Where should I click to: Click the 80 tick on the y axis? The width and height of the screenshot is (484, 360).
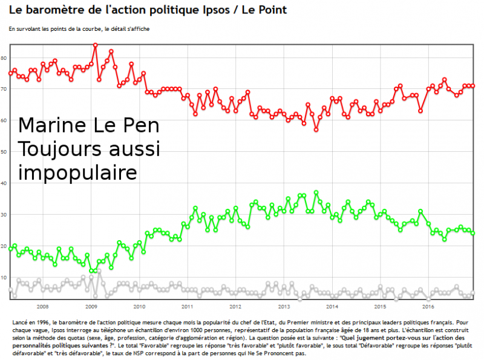[x=4, y=58]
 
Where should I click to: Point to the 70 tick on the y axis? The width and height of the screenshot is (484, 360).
[x=4, y=90]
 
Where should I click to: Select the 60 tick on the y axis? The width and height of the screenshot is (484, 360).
[x=4, y=120]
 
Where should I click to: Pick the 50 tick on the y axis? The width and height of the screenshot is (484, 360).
[x=4, y=152]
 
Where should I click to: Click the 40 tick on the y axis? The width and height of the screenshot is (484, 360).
[x=4, y=183]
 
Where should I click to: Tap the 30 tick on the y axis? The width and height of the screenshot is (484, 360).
[x=4, y=215]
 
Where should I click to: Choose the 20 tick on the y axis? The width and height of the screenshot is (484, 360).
[x=4, y=246]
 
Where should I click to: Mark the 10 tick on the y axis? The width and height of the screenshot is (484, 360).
[x=4, y=278]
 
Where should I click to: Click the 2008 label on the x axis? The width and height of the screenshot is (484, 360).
[x=43, y=306]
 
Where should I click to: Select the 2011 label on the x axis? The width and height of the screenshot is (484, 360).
[x=187, y=306]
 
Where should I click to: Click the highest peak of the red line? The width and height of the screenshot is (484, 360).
[x=96, y=45]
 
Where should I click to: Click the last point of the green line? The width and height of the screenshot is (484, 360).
[x=473, y=234]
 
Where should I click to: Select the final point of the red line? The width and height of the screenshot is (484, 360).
[x=473, y=86]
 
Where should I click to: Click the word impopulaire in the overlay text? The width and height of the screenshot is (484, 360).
[x=77, y=172]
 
